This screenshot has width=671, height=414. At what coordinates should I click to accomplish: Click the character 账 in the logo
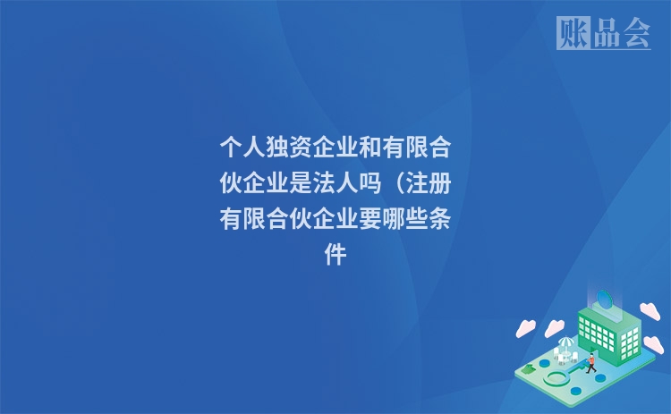coord(573,34)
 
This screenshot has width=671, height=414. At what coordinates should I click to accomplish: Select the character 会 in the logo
coord(635,34)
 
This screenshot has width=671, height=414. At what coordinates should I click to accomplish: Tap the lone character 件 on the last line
coord(335,256)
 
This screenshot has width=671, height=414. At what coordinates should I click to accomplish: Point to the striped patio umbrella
coord(566,343)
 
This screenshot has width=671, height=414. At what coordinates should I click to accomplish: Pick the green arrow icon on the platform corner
coord(531,368)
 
